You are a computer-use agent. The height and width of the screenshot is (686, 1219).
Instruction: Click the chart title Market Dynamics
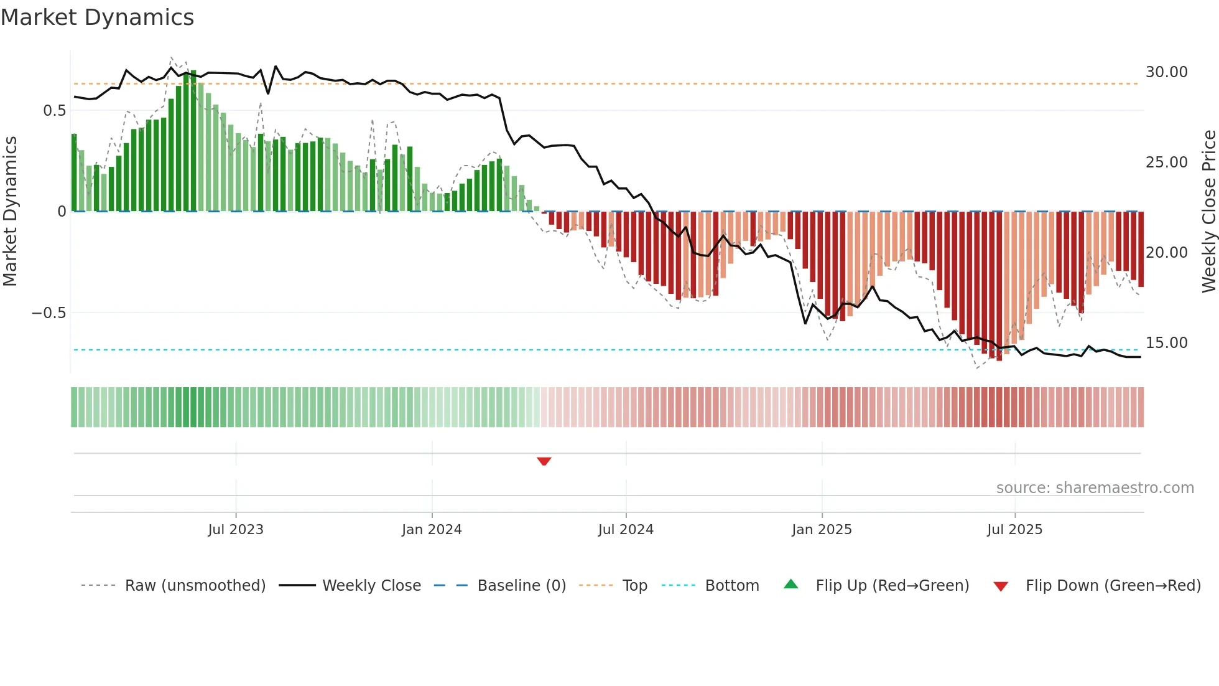coord(97,17)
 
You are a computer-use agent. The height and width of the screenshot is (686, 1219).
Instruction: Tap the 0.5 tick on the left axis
coord(54,111)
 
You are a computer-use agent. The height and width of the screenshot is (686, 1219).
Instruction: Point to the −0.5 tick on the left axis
coord(49,313)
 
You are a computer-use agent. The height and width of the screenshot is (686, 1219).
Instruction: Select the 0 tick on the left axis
coord(62,212)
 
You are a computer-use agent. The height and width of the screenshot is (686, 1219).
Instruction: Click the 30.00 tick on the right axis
coord(1166,72)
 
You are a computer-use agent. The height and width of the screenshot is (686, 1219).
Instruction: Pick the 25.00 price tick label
coord(1166,162)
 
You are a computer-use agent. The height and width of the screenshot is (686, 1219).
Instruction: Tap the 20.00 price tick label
coord(1166,253)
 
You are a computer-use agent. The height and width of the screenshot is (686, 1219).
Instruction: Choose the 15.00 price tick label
coord(1166,343)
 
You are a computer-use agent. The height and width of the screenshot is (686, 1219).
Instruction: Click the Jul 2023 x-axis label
coord(236,530)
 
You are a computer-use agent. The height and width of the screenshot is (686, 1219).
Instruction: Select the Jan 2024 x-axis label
coord(432,530)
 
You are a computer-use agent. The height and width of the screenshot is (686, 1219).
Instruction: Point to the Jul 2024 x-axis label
coord(626,530)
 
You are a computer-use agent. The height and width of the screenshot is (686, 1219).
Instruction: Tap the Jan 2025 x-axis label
coord(822,530)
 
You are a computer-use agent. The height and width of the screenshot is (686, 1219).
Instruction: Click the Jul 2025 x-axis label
coord(1014,530)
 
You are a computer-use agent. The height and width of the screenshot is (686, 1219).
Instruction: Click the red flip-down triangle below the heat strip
coord(544,461)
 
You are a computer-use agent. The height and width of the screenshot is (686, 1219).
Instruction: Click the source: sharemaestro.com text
coord(1095,488)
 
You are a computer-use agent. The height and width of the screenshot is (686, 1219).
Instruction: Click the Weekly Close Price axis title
coord(1208,212)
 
